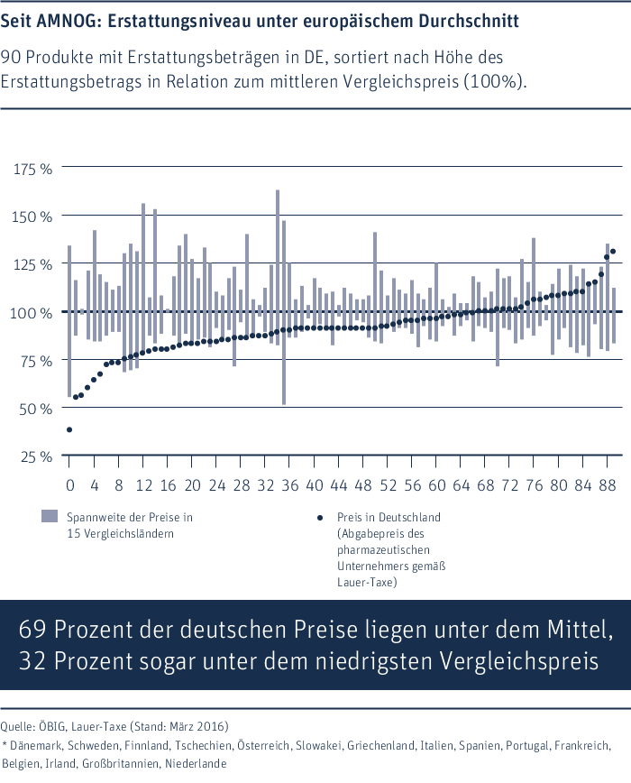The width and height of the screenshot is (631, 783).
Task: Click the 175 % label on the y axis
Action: coord(32,170)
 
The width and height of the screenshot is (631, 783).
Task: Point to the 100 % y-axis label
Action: coord(31,313)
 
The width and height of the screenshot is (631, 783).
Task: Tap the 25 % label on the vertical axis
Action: coord(36,457)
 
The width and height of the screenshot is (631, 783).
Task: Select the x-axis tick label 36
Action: coord(290,485)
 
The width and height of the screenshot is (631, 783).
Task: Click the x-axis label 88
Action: coord(608,485)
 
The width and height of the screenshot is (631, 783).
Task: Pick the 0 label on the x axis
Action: coord(69,485)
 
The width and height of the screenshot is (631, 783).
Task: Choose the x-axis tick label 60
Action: coord(436,485)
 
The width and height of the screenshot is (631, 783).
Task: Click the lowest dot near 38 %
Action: coord(69,429)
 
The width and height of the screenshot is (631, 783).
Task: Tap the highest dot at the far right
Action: coord(613,251)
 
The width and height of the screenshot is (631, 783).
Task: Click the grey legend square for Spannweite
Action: coord(50,516)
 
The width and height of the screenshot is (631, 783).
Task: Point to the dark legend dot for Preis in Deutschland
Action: coord(320,518)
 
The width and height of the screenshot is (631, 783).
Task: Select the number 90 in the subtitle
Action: coord(11,58)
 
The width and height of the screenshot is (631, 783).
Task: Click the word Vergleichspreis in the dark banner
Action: coord(518,662)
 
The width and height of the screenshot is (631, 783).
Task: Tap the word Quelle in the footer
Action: coord(16,726)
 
